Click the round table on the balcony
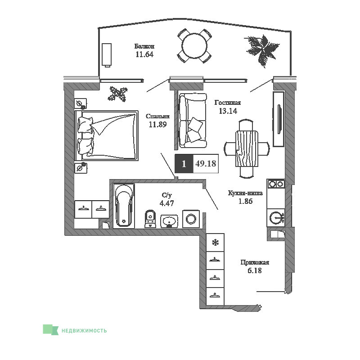(x=194, y=46)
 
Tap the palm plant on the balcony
(x=262, y=50)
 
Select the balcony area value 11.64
(x=144, y=54)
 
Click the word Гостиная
(x=228, y=103)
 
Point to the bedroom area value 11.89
(x=158, y=125)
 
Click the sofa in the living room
(x=193, y=121)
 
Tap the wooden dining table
(x=247, y=148)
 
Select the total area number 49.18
(x=206, y=163)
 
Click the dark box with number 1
(x=184, y=163)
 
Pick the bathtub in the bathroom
(x=124, y=206)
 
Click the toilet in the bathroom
(x=150, y=219)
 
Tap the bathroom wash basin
(x=169, y=221)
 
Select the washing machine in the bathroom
(x=191, y=219)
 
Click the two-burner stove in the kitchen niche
(x=276, y=184)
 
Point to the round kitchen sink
(x=276, y=218)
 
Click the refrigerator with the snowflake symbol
(x=215, y=243)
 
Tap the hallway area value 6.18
(x=255, y=270)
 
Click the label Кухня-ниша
(x=245, y=193)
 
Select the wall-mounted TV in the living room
(x=279, y=119)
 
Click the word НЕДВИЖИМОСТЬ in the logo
(x=84, y=331)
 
